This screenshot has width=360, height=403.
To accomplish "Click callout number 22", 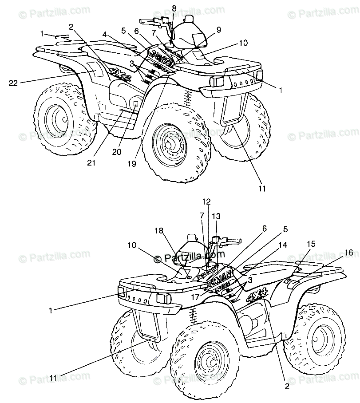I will pyautogui.click(x=14, y=82).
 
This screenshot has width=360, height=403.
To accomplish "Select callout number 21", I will pyautogui.click(x=91, y=163).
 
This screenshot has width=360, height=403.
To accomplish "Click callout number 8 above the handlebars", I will pyautogui.click(x=174, y=8).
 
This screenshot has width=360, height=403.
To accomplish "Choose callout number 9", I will pyautogui.click(x=219, y=29).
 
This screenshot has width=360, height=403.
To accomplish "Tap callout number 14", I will pyautogui.click(x=283, y=245).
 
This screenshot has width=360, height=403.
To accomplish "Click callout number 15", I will pyautogui.click(x=311, y=243).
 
